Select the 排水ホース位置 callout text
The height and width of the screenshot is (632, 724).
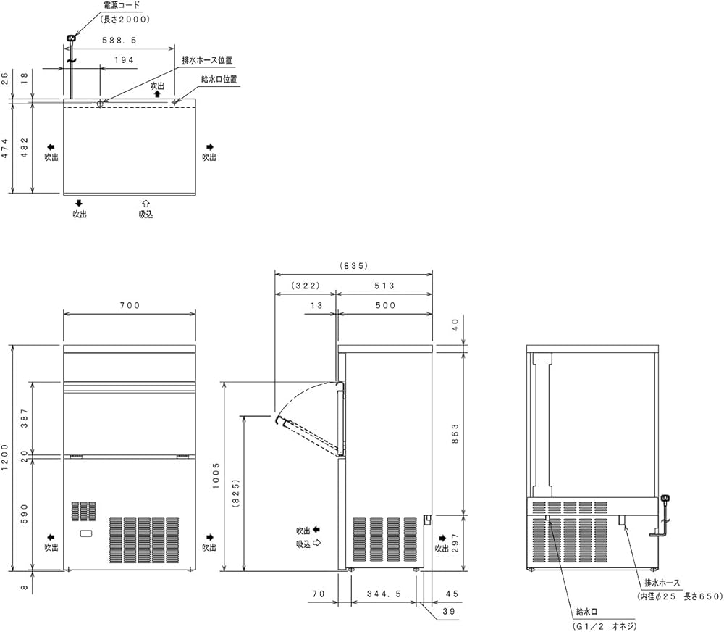[x=201, y=60]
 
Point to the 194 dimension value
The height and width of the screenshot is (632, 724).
[x=125, y=61]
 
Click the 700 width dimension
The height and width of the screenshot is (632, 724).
[x=130, y=306]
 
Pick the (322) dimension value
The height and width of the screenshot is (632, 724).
[x=305, y=285]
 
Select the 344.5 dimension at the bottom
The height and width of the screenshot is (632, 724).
[x=384, y=593]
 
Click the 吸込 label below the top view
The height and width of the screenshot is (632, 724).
[x=146, y=214]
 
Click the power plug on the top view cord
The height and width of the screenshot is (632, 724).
[x=71, y=38]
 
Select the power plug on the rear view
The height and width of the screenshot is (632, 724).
[x=665, y=499]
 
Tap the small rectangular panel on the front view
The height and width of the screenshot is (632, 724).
[x=86, y=534]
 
